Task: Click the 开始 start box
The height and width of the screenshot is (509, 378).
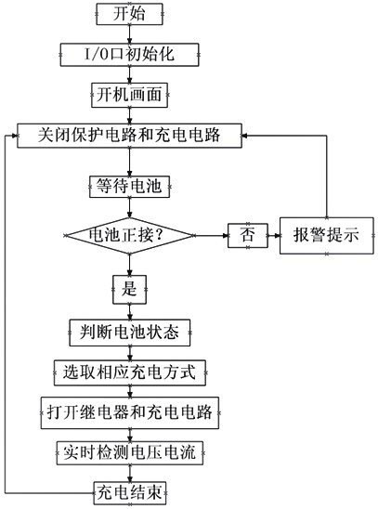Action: tap(129, 15)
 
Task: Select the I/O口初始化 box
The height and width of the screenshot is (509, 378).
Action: tap(129, 54)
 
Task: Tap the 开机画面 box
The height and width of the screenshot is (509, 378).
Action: tap(129, 93)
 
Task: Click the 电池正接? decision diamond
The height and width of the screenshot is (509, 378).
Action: tap(129, 235)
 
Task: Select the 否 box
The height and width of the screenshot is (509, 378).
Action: tap(246, 235)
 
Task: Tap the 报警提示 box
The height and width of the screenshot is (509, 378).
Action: tap(326, 235)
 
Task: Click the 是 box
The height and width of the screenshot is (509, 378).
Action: tap(129, 284)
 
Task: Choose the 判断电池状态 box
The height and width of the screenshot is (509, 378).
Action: tap(129, 331)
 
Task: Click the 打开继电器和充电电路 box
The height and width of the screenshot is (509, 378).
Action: tap(129, 411)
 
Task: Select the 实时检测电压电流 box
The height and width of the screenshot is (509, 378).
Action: tap(129, 451)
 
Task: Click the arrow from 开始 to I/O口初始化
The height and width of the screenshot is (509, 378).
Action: tap(129, 34)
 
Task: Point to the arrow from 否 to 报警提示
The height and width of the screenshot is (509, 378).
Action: tap(273, 235)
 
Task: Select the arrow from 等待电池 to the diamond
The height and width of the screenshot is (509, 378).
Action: tap(129, 205)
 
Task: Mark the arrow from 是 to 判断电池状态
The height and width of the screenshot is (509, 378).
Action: tap(129, 308)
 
